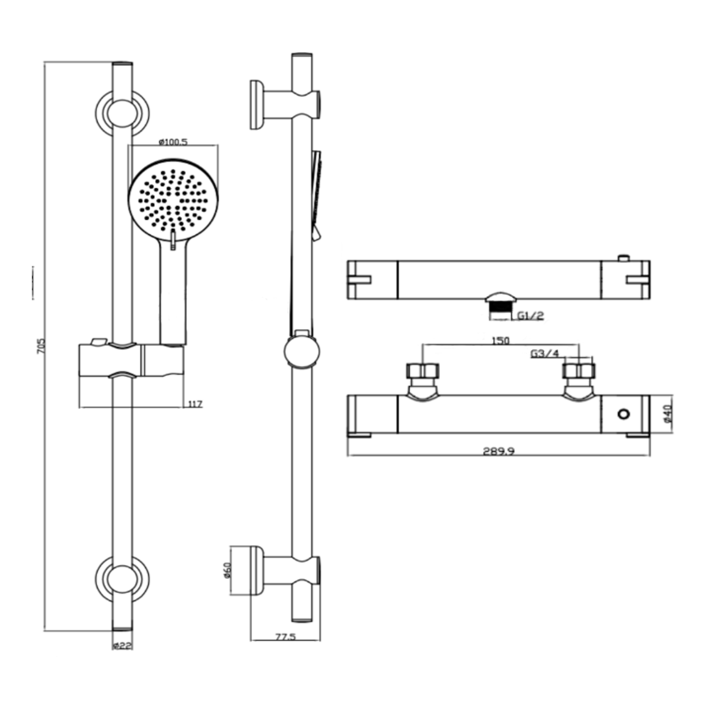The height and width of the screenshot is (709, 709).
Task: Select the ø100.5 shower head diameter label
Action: point(173,142)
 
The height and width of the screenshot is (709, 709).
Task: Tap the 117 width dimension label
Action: point(195,404)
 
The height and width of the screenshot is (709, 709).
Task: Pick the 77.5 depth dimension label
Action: point(284,637)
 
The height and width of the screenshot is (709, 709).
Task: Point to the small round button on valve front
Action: point(623,414)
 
